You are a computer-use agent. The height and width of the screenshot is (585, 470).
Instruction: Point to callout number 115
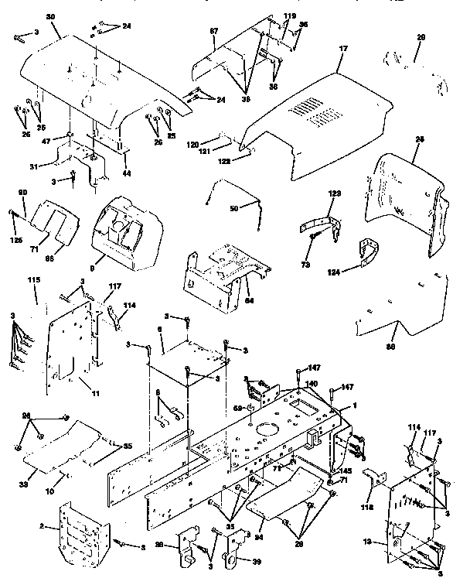coord(33,279)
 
